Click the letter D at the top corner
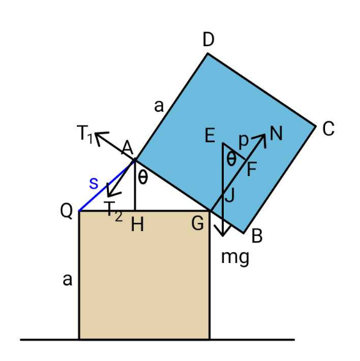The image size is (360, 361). (x=209, y=39)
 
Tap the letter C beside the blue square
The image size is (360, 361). (x=328, y=129)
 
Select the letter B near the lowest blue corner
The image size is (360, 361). (x=257, y=235)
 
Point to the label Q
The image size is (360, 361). (x=66, y=211)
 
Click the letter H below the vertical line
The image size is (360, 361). (x=137, y=224)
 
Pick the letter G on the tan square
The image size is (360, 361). (x=197, y=224)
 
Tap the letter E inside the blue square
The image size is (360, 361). (x=210, y=136)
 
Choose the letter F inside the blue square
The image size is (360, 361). (x=252, y=169)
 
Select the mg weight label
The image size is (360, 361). (x=235, y=257)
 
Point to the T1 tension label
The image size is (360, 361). (x=85, y=134)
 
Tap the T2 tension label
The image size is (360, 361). (x=113, y=211)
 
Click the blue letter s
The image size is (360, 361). (x=94, y=183)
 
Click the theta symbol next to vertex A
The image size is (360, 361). (x=142, y=178)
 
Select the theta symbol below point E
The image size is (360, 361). (x=231, y=159)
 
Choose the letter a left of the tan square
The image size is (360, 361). (x=67, y=280)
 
